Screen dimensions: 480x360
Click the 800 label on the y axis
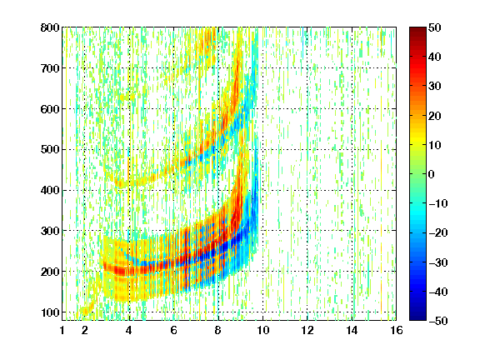click(50, 27)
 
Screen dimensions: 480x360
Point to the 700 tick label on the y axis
click(50, 68)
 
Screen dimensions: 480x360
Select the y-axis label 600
click(50, 109)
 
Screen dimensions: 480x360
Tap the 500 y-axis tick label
click(50, 150)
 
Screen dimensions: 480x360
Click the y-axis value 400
click(50, 190)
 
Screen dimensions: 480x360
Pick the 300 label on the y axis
click(50, 231)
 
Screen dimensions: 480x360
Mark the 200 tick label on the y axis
click(50, 272)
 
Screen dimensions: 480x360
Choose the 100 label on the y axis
click(50, 312)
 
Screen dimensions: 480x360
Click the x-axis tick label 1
click(62, 330)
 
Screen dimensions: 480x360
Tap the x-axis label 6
click(174, 330)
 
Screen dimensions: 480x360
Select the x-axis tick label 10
click(262, 330)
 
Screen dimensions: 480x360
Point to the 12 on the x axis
click(307, 330)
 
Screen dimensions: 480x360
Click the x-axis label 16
click(397, 330)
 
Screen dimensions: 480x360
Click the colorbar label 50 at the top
click(435, 27)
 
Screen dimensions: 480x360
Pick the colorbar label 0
click(432, 174)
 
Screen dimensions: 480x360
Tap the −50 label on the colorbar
click(438, 321)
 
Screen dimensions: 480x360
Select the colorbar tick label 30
click(435, 87)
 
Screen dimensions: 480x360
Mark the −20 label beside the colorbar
click(438, 232)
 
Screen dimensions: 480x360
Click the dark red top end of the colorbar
click(417, 29)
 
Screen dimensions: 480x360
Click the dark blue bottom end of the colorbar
click(417, 317)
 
